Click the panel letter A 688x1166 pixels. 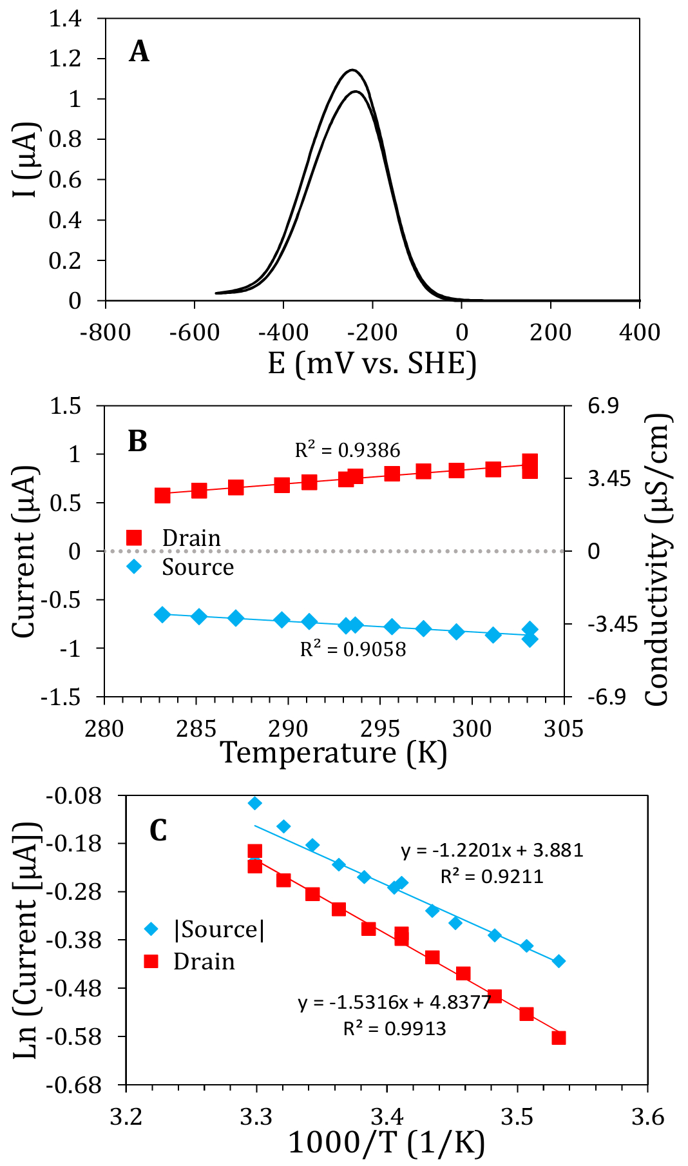139,52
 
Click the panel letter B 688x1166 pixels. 138,442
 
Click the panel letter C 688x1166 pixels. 158,831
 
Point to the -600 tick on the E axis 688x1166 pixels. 195,333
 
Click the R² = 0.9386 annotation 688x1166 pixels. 347,450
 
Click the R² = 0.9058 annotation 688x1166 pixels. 353,649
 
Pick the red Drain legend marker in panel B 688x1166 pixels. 134,538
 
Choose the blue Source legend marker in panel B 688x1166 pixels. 134,567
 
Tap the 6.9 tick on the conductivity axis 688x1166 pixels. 603,405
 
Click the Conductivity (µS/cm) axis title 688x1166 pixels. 658,559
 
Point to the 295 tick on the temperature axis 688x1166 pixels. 380,729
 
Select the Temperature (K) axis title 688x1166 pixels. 334,753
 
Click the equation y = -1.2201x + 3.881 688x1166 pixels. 492,850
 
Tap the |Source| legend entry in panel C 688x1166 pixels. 219,929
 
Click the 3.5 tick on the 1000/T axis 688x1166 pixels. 517,1116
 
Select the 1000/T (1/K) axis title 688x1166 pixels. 387,1143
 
